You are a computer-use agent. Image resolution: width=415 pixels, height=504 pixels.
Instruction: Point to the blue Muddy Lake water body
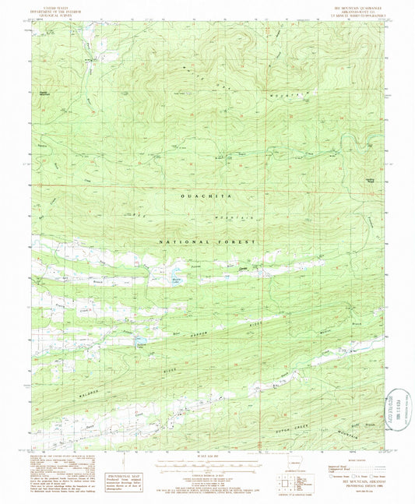tap(167, 279)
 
